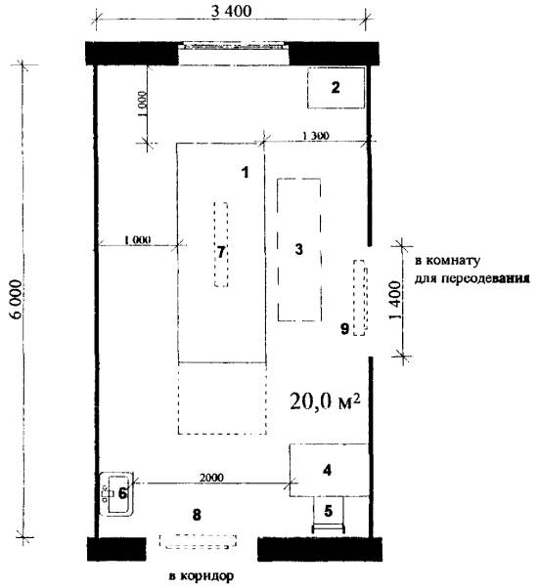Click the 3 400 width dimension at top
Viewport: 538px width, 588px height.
231,12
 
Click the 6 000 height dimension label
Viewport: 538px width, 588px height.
17,299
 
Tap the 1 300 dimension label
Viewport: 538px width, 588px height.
315,136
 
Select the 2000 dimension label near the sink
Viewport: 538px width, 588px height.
211,478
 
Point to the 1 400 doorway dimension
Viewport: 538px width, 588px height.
395,300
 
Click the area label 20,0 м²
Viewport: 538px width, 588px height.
325,401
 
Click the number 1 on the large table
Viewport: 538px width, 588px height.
246,173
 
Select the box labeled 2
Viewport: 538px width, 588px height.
336,88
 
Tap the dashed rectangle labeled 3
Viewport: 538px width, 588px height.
299,250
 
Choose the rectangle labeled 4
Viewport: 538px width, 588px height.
329,470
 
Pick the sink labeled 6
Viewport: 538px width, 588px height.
116,493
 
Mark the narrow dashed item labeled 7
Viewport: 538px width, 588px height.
221,244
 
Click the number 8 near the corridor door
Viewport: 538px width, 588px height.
197,515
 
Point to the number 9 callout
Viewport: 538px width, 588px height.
344,329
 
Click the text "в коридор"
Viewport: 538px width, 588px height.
202,576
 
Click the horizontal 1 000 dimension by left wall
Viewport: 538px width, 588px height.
137,239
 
